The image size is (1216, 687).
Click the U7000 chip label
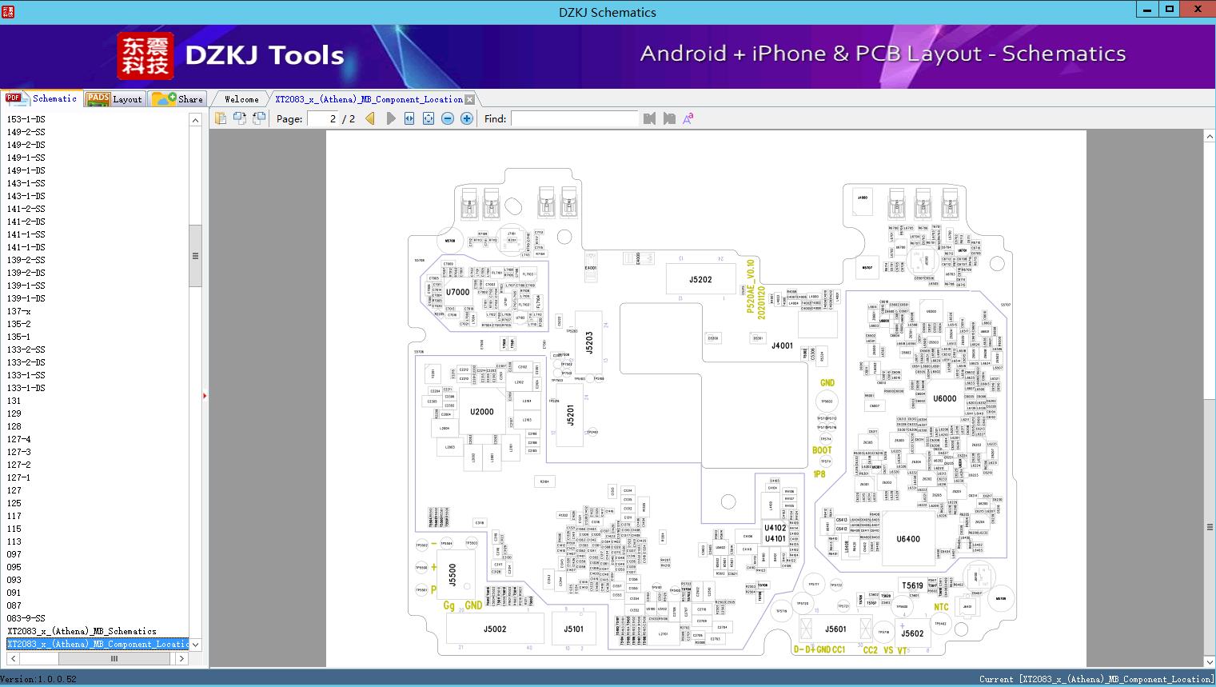click(458, 292)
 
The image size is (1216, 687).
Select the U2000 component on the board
click(481, 412)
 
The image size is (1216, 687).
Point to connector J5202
click(700, 280)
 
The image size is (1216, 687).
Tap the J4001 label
click(782, 346)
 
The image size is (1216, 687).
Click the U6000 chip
click(944, 398)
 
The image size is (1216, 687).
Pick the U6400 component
click(908, 539)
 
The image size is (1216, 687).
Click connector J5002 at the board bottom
click(495, 629)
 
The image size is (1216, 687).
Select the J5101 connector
click(573, 629)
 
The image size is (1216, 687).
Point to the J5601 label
click(835, 629)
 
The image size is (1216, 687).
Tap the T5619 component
click(912, 585)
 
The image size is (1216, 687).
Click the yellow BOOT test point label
click(822, 450)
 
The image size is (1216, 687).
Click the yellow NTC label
click(941, 608)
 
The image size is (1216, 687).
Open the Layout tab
click(115, 99)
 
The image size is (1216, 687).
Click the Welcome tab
click(241, 99)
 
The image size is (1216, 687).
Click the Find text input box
click(575, 118)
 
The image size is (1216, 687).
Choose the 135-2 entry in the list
click(19, 324)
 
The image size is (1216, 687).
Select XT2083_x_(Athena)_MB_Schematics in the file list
click(82, 631)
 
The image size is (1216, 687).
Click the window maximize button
click(1170, 10)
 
